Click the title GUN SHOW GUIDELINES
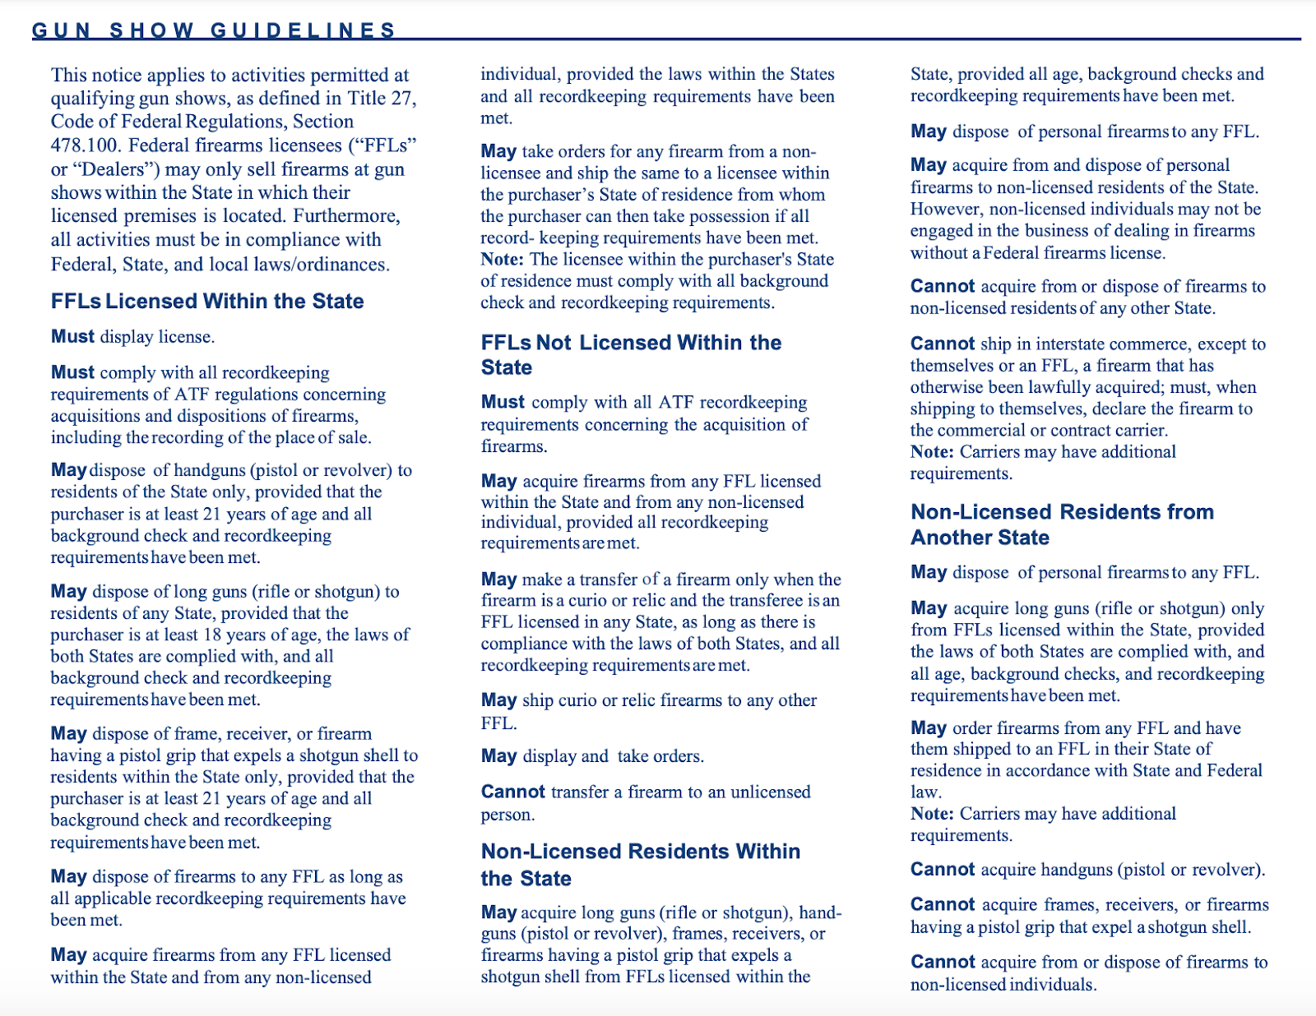pos(214,30)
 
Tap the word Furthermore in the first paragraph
pos(346,216)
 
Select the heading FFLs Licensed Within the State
pos(207,301)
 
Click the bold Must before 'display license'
pos(72,336)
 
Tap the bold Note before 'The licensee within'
pos(502,259)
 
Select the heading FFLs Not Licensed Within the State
pos(631,354)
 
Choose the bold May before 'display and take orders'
pos(498,756)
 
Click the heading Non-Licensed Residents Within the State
pos(640,864)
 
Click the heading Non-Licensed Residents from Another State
pos(1062,524)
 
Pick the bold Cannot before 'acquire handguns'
pos(943,870)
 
